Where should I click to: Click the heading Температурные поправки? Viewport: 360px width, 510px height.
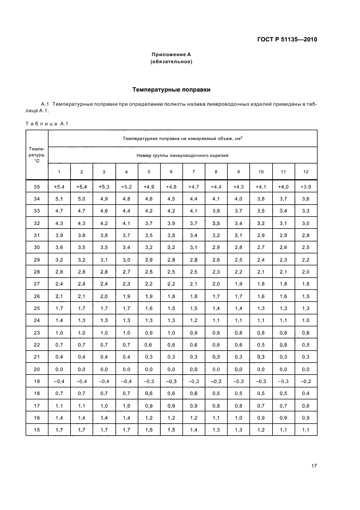[x=172, y=89]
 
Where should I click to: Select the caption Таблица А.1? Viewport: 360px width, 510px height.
[x=46, y=124]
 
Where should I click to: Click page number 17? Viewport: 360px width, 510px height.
[x=314, y=466]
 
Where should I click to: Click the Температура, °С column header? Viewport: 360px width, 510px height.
[x=37, y=155]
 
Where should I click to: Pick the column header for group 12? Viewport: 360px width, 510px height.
[x=305, y=172]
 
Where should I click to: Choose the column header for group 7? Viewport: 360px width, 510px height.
[x=193, y=172]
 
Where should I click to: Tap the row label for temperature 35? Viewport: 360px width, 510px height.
[x=37, y=187]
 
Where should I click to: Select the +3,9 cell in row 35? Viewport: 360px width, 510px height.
[x=305, y=187]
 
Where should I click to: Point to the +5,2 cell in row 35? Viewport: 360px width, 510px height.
[x=126, y=187]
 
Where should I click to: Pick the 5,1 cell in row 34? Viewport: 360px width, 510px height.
[x=59, y=198]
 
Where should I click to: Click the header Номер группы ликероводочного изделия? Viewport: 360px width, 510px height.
[x=182, y=155]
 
